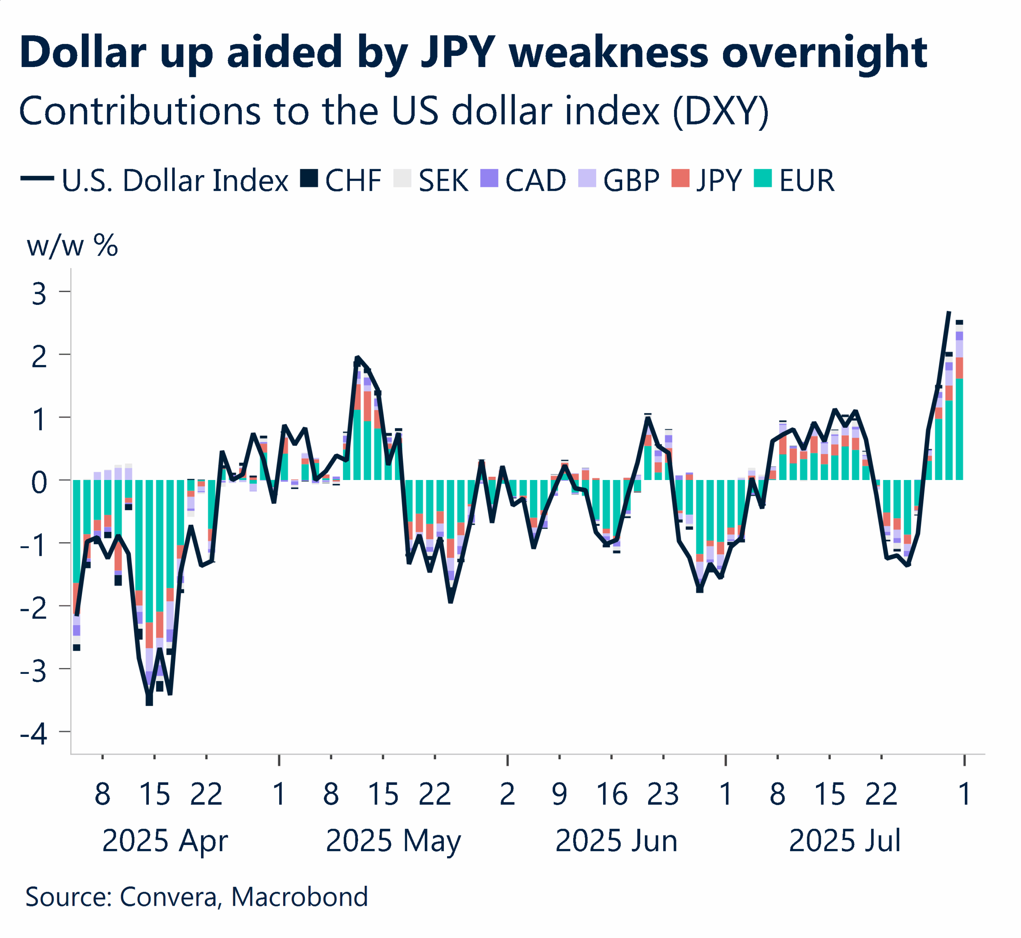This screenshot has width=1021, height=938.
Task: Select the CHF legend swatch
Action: tap(309, 179)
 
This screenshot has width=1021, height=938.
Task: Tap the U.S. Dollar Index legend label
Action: tap(175, 181)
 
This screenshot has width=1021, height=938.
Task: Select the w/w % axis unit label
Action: tap(73, 246)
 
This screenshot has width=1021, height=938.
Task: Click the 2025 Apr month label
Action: tap(165, 841)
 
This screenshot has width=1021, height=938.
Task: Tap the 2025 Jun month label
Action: tap(617, 841)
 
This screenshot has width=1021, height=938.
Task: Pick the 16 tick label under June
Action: tap(612, 795)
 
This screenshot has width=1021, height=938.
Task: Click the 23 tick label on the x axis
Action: tap(663, 795)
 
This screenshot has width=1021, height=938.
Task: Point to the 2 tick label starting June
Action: tap(507, 795)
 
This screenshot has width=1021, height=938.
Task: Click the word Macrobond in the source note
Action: tap(300, 897)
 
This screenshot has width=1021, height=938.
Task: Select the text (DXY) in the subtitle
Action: tap(721, 111)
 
